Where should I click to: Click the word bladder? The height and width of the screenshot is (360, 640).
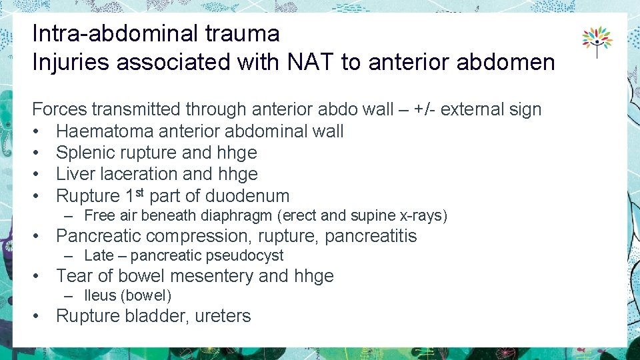(157, 316)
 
